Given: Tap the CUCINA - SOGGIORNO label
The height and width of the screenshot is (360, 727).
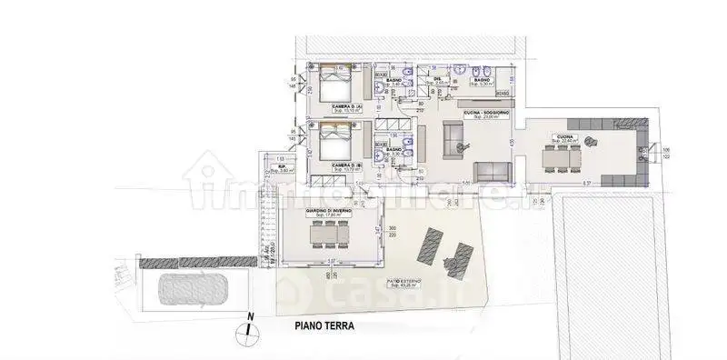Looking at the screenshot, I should [485, 112].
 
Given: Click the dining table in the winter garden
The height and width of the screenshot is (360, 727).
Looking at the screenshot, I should [329, 235].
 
